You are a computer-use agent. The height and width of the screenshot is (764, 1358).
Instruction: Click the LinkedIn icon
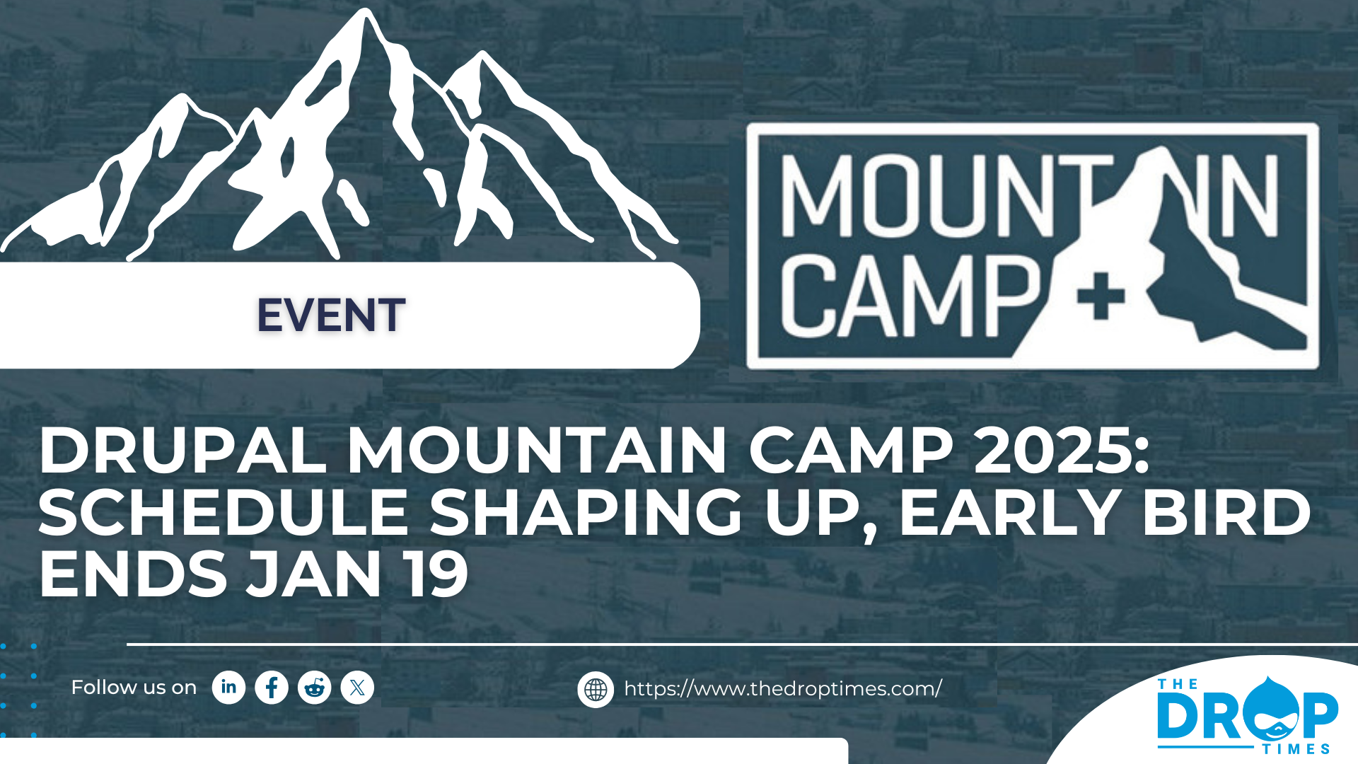[x=228, y=688]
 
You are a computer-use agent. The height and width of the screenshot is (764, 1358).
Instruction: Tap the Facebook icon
[x=272, y=688]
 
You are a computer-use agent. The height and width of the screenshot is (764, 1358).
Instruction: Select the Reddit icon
[x=315, y=688]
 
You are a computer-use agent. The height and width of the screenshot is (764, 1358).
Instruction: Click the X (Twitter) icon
[x=357, y=688]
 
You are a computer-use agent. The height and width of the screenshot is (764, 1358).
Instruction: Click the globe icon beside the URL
[x=596, y=690]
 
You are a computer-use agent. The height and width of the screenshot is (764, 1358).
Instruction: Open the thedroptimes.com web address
[x=783, y=689]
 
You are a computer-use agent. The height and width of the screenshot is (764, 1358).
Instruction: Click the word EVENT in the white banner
[x=331, y=316]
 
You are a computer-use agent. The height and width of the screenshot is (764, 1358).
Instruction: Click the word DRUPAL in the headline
[x=182, y=451]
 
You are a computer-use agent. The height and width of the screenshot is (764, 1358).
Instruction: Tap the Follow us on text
[x=134, y=688]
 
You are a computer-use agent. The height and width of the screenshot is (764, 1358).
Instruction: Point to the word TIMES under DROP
[x=1296, y=749]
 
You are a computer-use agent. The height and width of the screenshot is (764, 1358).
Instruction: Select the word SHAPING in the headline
[x=586, y=513]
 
